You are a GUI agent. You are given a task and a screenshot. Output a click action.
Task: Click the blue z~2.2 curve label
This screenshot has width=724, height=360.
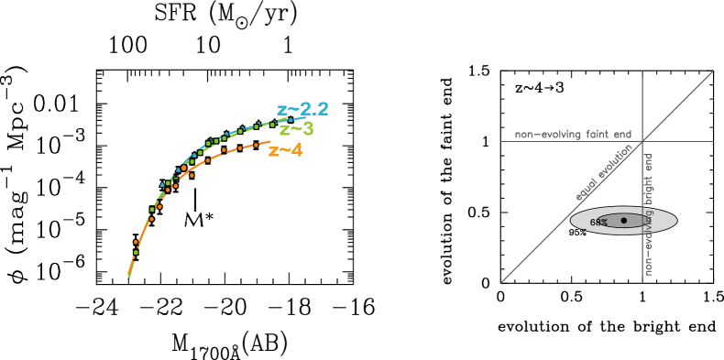pyautogui.click(x=302, y=110)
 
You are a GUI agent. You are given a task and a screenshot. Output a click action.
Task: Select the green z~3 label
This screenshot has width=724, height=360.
pyautogui.click(x=296, y=129)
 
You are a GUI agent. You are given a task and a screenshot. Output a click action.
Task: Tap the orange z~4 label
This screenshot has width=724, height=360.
pyautogui.click(x=285, y=150)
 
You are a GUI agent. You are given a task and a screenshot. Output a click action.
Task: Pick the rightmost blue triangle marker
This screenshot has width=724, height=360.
pyautogui.click(x=291, y=119)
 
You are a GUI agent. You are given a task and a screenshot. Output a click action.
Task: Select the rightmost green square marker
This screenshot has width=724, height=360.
pyautogui.click(x=272, y=124)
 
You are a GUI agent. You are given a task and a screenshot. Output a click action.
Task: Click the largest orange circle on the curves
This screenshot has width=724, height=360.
pyautogui.click(x=183, y=168)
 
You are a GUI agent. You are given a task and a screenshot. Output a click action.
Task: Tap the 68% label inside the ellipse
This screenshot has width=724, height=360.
pyautogui.click(x=598, y=223)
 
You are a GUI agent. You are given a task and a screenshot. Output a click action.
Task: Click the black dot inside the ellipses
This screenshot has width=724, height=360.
pyautogui.click(x=624, y=220)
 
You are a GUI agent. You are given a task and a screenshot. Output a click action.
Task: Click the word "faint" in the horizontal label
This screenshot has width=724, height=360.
pyautogui.click(x=598, y=135)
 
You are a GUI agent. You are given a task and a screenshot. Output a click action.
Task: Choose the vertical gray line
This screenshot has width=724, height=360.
pyautogui.click(x=642, y=101)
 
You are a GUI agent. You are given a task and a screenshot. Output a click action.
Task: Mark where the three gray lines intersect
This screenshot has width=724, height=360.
pyautogui.click(x=642, y=141)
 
